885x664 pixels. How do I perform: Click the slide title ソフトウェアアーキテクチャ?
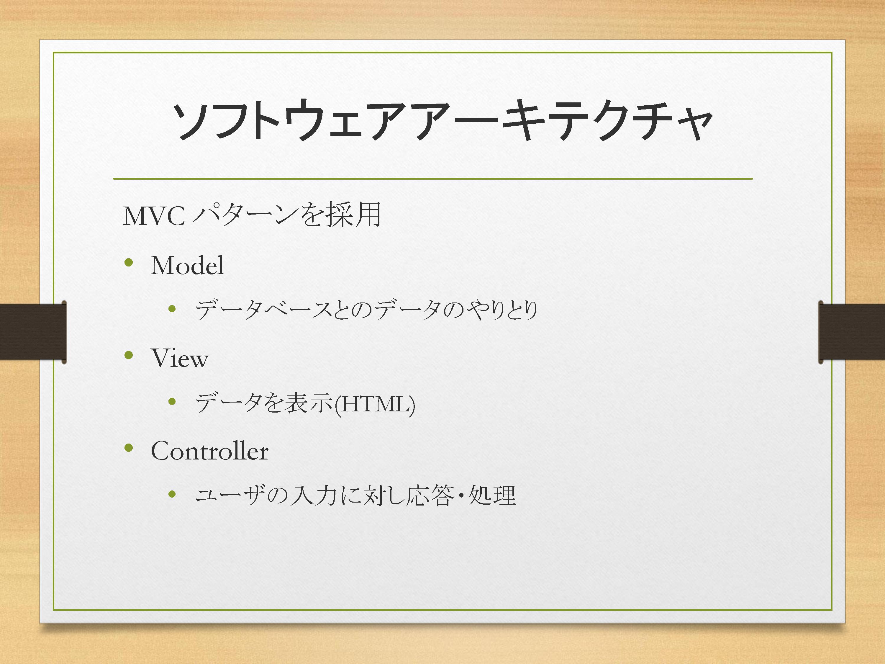click(x=442, y=120)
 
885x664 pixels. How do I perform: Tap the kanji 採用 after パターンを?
click(x=354, y=215)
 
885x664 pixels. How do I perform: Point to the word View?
click(x=180, y=358)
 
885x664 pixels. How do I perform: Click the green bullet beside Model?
click(x=128, y=263)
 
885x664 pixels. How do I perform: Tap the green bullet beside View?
click(x=128, y=355)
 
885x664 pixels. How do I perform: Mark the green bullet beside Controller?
click(x=128, y=447)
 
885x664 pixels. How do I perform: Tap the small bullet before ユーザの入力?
click(x=172, y=494)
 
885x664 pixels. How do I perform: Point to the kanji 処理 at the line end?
click(x=492, y=495)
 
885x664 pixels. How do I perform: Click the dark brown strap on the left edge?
click(x=33, y=332)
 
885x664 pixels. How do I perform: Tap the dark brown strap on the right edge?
click(x=852, y=332)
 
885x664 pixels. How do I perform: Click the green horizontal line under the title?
click(x=433, y=179)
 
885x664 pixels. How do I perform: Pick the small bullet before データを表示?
click(x=172, y=401)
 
